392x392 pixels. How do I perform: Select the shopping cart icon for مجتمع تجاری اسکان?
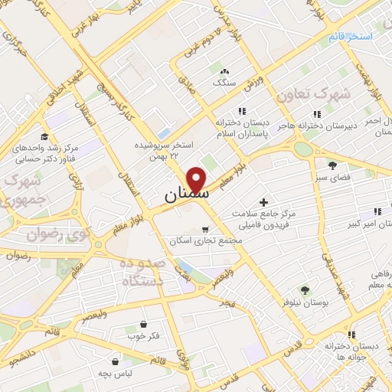pyautogui.click(x=204, y=229)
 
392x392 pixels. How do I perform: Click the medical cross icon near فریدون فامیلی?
pyautogui.click(x=264, y=203)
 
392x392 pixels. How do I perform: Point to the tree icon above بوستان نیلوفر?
pyautogui.click(x=305, y=289)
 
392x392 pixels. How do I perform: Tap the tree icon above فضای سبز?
pyautogui.click(x=332, y=165)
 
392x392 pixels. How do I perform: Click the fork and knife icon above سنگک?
pyautogui.click(x=225, y=70)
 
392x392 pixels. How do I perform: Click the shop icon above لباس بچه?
pyautogui.click(x=115, y=361)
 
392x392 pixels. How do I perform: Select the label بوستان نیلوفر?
pyautogui.click(x=305, y=303)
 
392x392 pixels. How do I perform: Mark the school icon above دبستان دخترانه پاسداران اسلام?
pyautogui.click(x=242, y=111)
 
